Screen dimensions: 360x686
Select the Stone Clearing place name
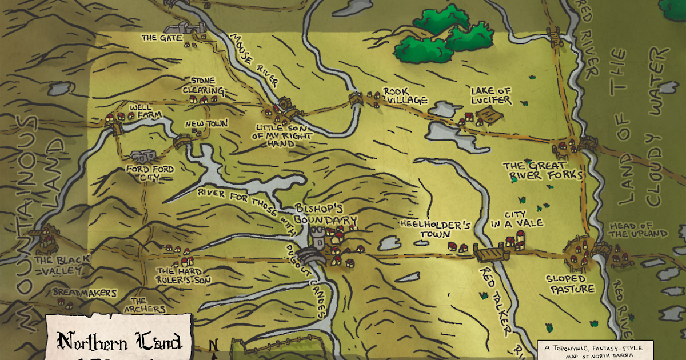203,86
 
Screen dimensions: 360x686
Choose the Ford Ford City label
150,174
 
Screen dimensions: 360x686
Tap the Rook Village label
405,96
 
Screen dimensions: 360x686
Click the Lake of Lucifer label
490,95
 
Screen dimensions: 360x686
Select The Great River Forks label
543,170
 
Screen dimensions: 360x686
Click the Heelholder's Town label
435,229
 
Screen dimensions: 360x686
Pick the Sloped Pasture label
570,284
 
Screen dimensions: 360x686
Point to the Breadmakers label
85,293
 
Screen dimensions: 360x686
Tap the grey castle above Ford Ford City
142,155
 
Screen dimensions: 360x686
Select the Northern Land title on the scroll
119,342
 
